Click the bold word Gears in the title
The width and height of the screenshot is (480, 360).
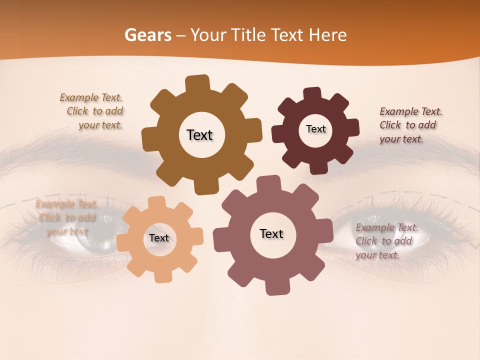point(147,35)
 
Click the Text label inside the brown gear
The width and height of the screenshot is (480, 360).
point(199,135)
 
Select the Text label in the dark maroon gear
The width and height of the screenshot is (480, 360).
point(315,129)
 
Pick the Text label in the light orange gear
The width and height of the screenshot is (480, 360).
point(159,238)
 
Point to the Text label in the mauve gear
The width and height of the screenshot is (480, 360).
point(271,233)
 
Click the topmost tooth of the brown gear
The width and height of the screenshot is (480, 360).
point(197,83)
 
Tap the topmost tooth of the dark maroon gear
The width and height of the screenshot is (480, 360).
point(312,94)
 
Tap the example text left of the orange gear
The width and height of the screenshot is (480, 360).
point(67,217)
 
